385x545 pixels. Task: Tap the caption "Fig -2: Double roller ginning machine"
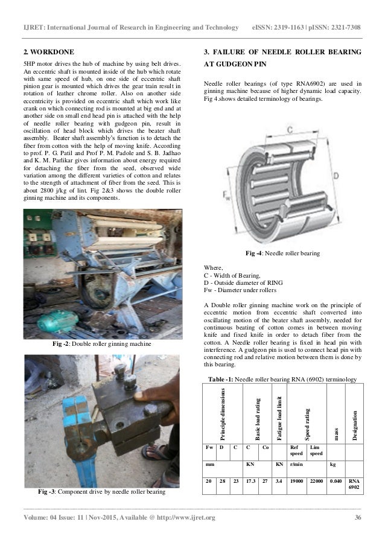(103, 343)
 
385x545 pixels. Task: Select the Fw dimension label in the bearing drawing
(226, 195)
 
